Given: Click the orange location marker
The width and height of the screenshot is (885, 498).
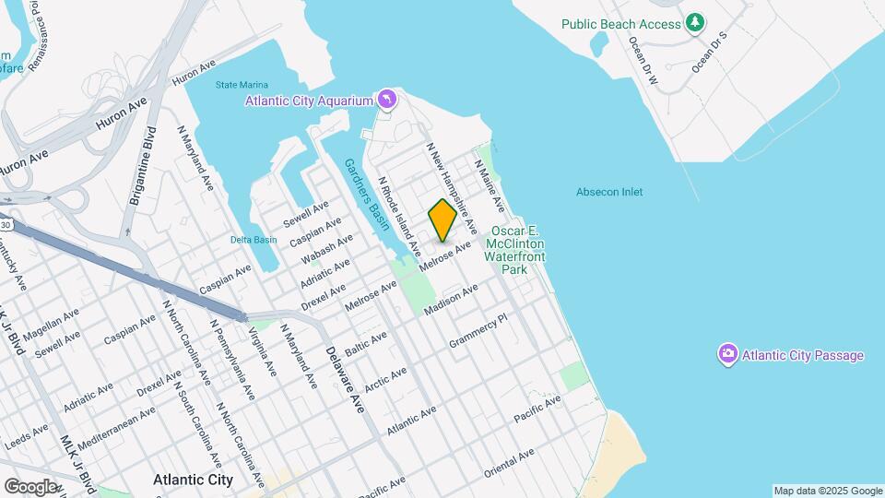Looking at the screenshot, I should (442, 219).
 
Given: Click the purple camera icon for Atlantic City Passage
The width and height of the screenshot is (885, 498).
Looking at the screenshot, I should (727, 354).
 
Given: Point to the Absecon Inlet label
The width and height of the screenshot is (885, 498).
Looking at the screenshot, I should (608, 192).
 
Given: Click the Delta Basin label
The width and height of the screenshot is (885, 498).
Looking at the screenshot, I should (253, 240).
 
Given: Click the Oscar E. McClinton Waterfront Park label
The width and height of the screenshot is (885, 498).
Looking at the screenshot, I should (514, 250).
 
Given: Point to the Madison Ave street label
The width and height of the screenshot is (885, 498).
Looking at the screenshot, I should (451, 301).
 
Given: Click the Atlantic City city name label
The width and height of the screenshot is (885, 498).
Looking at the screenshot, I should (193, 480).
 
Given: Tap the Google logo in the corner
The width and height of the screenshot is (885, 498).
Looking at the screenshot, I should (29, 486).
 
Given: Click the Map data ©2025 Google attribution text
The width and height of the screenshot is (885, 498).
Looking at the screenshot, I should (827, 491).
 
